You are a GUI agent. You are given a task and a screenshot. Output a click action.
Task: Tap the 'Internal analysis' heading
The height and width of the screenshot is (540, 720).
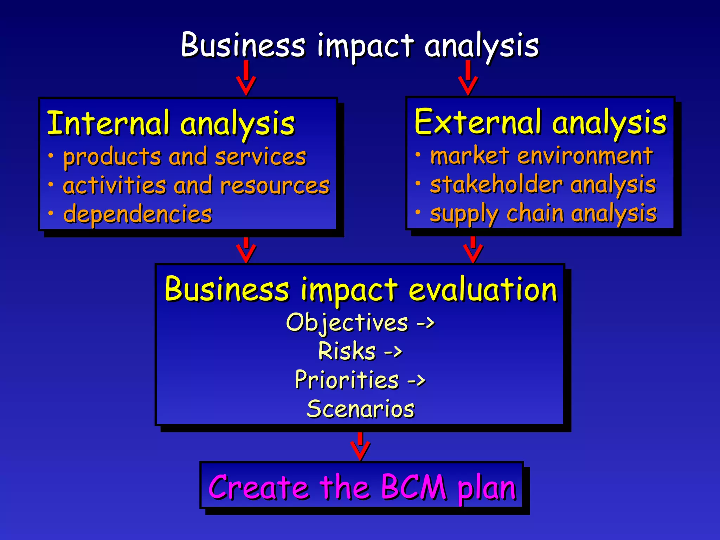click(171, 123)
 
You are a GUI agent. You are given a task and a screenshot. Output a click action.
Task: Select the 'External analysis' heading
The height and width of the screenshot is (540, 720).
click(540, 122)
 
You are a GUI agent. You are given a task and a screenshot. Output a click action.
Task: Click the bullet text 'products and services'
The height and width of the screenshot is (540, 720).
click(185, 156)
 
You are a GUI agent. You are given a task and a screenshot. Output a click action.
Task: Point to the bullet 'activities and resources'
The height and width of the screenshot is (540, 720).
click(196, 185)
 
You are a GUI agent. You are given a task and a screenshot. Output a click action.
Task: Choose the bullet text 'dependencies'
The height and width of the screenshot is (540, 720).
click(137, 214)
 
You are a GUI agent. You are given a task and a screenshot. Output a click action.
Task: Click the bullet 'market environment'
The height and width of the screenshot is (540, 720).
click(541, 155)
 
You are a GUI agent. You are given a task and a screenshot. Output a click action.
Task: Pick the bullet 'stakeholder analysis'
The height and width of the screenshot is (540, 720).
click(543, 184)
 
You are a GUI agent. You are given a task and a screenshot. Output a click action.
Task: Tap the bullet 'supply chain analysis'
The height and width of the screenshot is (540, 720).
click(543, 213)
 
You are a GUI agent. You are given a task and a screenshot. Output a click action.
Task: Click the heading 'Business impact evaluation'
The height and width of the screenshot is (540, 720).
click(361, 289)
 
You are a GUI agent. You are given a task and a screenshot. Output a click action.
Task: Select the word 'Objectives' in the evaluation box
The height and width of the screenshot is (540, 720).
click(347, 322)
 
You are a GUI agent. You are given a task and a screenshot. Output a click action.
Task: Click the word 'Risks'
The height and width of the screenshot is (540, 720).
click(347, 351)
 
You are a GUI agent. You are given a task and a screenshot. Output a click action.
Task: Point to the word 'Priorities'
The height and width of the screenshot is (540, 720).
click(347, 380)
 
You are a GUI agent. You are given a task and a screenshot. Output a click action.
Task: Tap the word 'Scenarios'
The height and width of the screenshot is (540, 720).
click(361, 409)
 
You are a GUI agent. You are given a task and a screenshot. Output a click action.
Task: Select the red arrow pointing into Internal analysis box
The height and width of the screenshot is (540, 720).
click(246, 78)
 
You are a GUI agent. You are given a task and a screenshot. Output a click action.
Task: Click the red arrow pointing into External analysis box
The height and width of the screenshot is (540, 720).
click(468, 78)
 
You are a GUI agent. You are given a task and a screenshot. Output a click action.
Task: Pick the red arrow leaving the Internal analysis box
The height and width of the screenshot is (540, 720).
click(246, 250)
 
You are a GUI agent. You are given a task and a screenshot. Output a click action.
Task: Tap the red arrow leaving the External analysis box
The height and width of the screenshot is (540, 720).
click(473, 250)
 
